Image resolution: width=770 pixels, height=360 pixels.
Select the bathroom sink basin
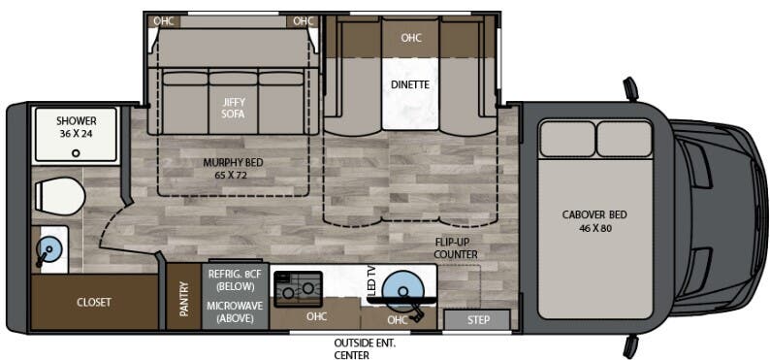click(x=48, y=249)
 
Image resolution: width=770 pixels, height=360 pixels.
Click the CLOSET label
click(x=94, y=302)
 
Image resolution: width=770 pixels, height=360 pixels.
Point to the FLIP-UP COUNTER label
click(x=456, y=248)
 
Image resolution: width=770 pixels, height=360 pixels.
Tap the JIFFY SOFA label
click(x=233, y=107)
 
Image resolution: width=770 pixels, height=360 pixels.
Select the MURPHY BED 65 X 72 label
click(x=233, y=169)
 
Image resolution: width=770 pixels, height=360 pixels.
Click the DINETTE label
click(x=410, y=84)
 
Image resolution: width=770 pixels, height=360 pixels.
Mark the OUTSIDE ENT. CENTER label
click(x=365, y=348)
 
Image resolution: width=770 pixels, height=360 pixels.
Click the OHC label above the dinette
click(x=410, y=38)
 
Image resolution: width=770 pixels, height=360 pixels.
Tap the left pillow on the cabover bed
click(x=566, y=138)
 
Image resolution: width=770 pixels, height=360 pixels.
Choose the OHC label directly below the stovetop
click(x=315, y=315)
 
